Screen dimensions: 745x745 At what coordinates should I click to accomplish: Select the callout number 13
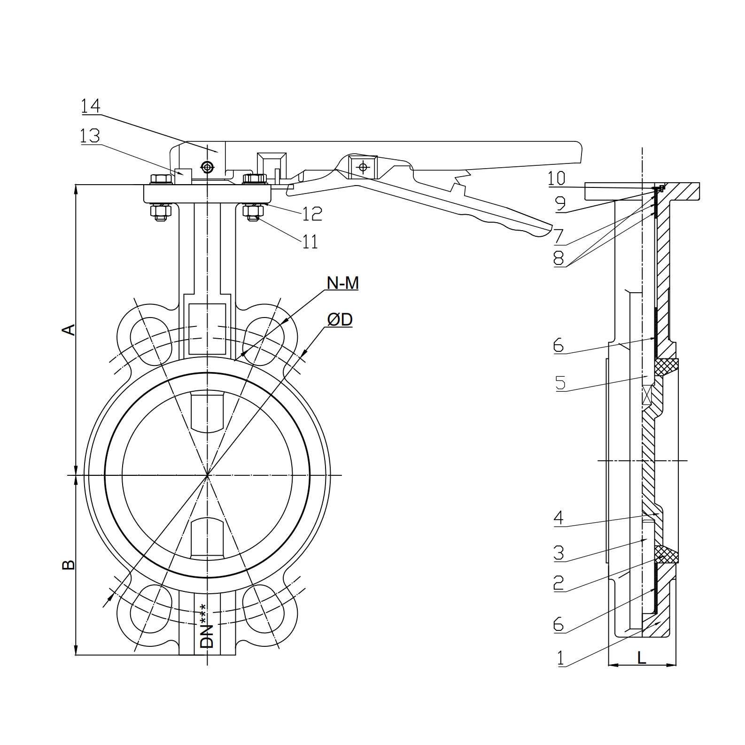point(90,136)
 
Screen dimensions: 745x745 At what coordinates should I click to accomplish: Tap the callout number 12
point(312,214)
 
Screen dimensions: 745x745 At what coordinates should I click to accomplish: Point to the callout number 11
point(310,242)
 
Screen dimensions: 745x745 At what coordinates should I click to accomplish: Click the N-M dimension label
point(342,283)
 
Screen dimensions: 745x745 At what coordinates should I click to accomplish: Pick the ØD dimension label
point(340,320)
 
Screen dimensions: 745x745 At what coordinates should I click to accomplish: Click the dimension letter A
point(69,329)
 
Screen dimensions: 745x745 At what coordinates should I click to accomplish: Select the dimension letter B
point(69,564)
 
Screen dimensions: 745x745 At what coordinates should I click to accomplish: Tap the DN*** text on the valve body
point(207,626)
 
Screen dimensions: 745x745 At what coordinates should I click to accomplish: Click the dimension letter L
point(642,658)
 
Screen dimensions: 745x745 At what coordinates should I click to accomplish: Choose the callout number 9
point(560,204)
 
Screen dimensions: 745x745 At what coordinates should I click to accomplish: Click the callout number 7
point(559,236)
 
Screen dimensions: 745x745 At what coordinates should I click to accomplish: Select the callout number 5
point(560,383)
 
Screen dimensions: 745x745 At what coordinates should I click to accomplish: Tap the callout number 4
point(558,518)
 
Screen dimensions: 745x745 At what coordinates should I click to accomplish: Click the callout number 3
point(559,553)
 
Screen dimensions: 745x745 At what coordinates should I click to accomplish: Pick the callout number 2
point(559,583)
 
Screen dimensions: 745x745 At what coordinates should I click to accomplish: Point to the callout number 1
point(560,658)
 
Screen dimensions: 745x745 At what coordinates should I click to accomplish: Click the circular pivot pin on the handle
point(207,166)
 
